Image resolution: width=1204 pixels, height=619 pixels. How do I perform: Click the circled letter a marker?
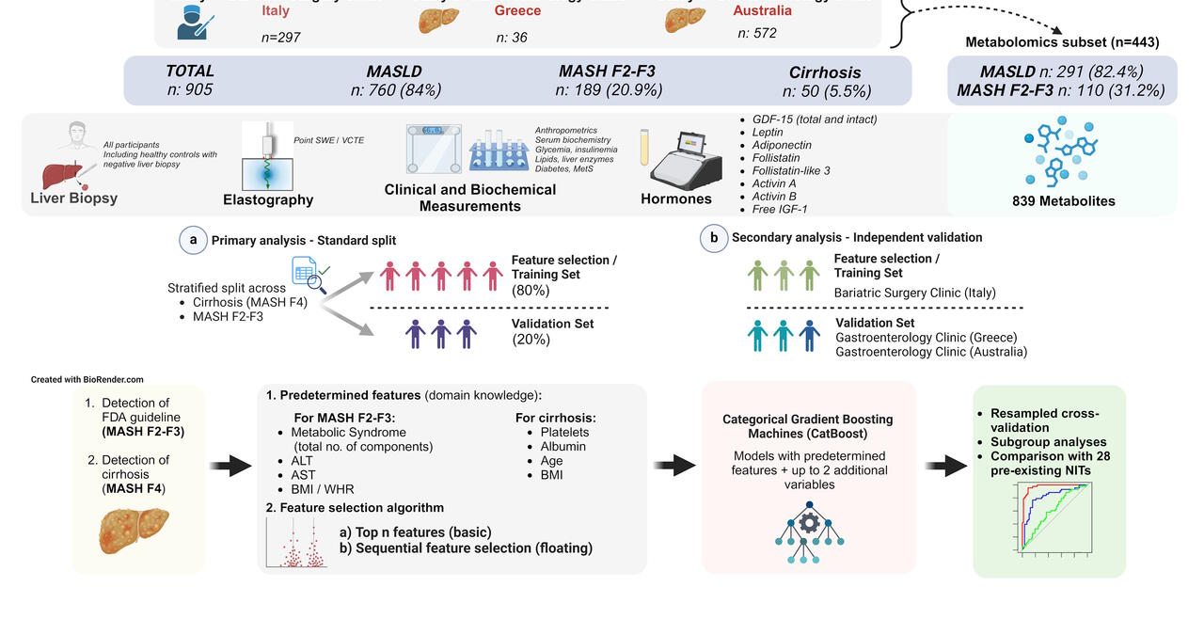tap(194, 240)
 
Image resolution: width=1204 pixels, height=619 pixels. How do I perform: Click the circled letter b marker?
tap(714, 238)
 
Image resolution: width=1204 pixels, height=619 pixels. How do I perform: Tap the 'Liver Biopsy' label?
tap(73, 198)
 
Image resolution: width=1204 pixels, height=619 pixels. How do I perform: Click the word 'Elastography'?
tap(268, 199)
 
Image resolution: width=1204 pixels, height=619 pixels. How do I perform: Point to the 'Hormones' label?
tap(676, 199)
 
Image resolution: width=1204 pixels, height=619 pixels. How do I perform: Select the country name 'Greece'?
tap(518, 10)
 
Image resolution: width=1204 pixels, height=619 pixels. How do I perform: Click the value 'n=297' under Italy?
tap(280, 38)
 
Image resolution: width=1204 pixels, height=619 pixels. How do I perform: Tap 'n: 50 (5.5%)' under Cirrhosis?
tap(827, 91)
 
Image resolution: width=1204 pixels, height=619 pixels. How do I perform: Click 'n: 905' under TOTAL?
tap(190, 90)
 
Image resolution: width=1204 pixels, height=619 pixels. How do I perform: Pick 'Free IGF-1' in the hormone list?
tap(780, 209)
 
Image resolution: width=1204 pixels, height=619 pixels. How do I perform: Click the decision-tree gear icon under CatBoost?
tap(809, 532)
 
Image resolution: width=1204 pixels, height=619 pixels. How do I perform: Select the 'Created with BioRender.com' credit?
tap(87, 380)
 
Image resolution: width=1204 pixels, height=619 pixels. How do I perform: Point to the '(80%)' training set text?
tap(531, 291)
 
